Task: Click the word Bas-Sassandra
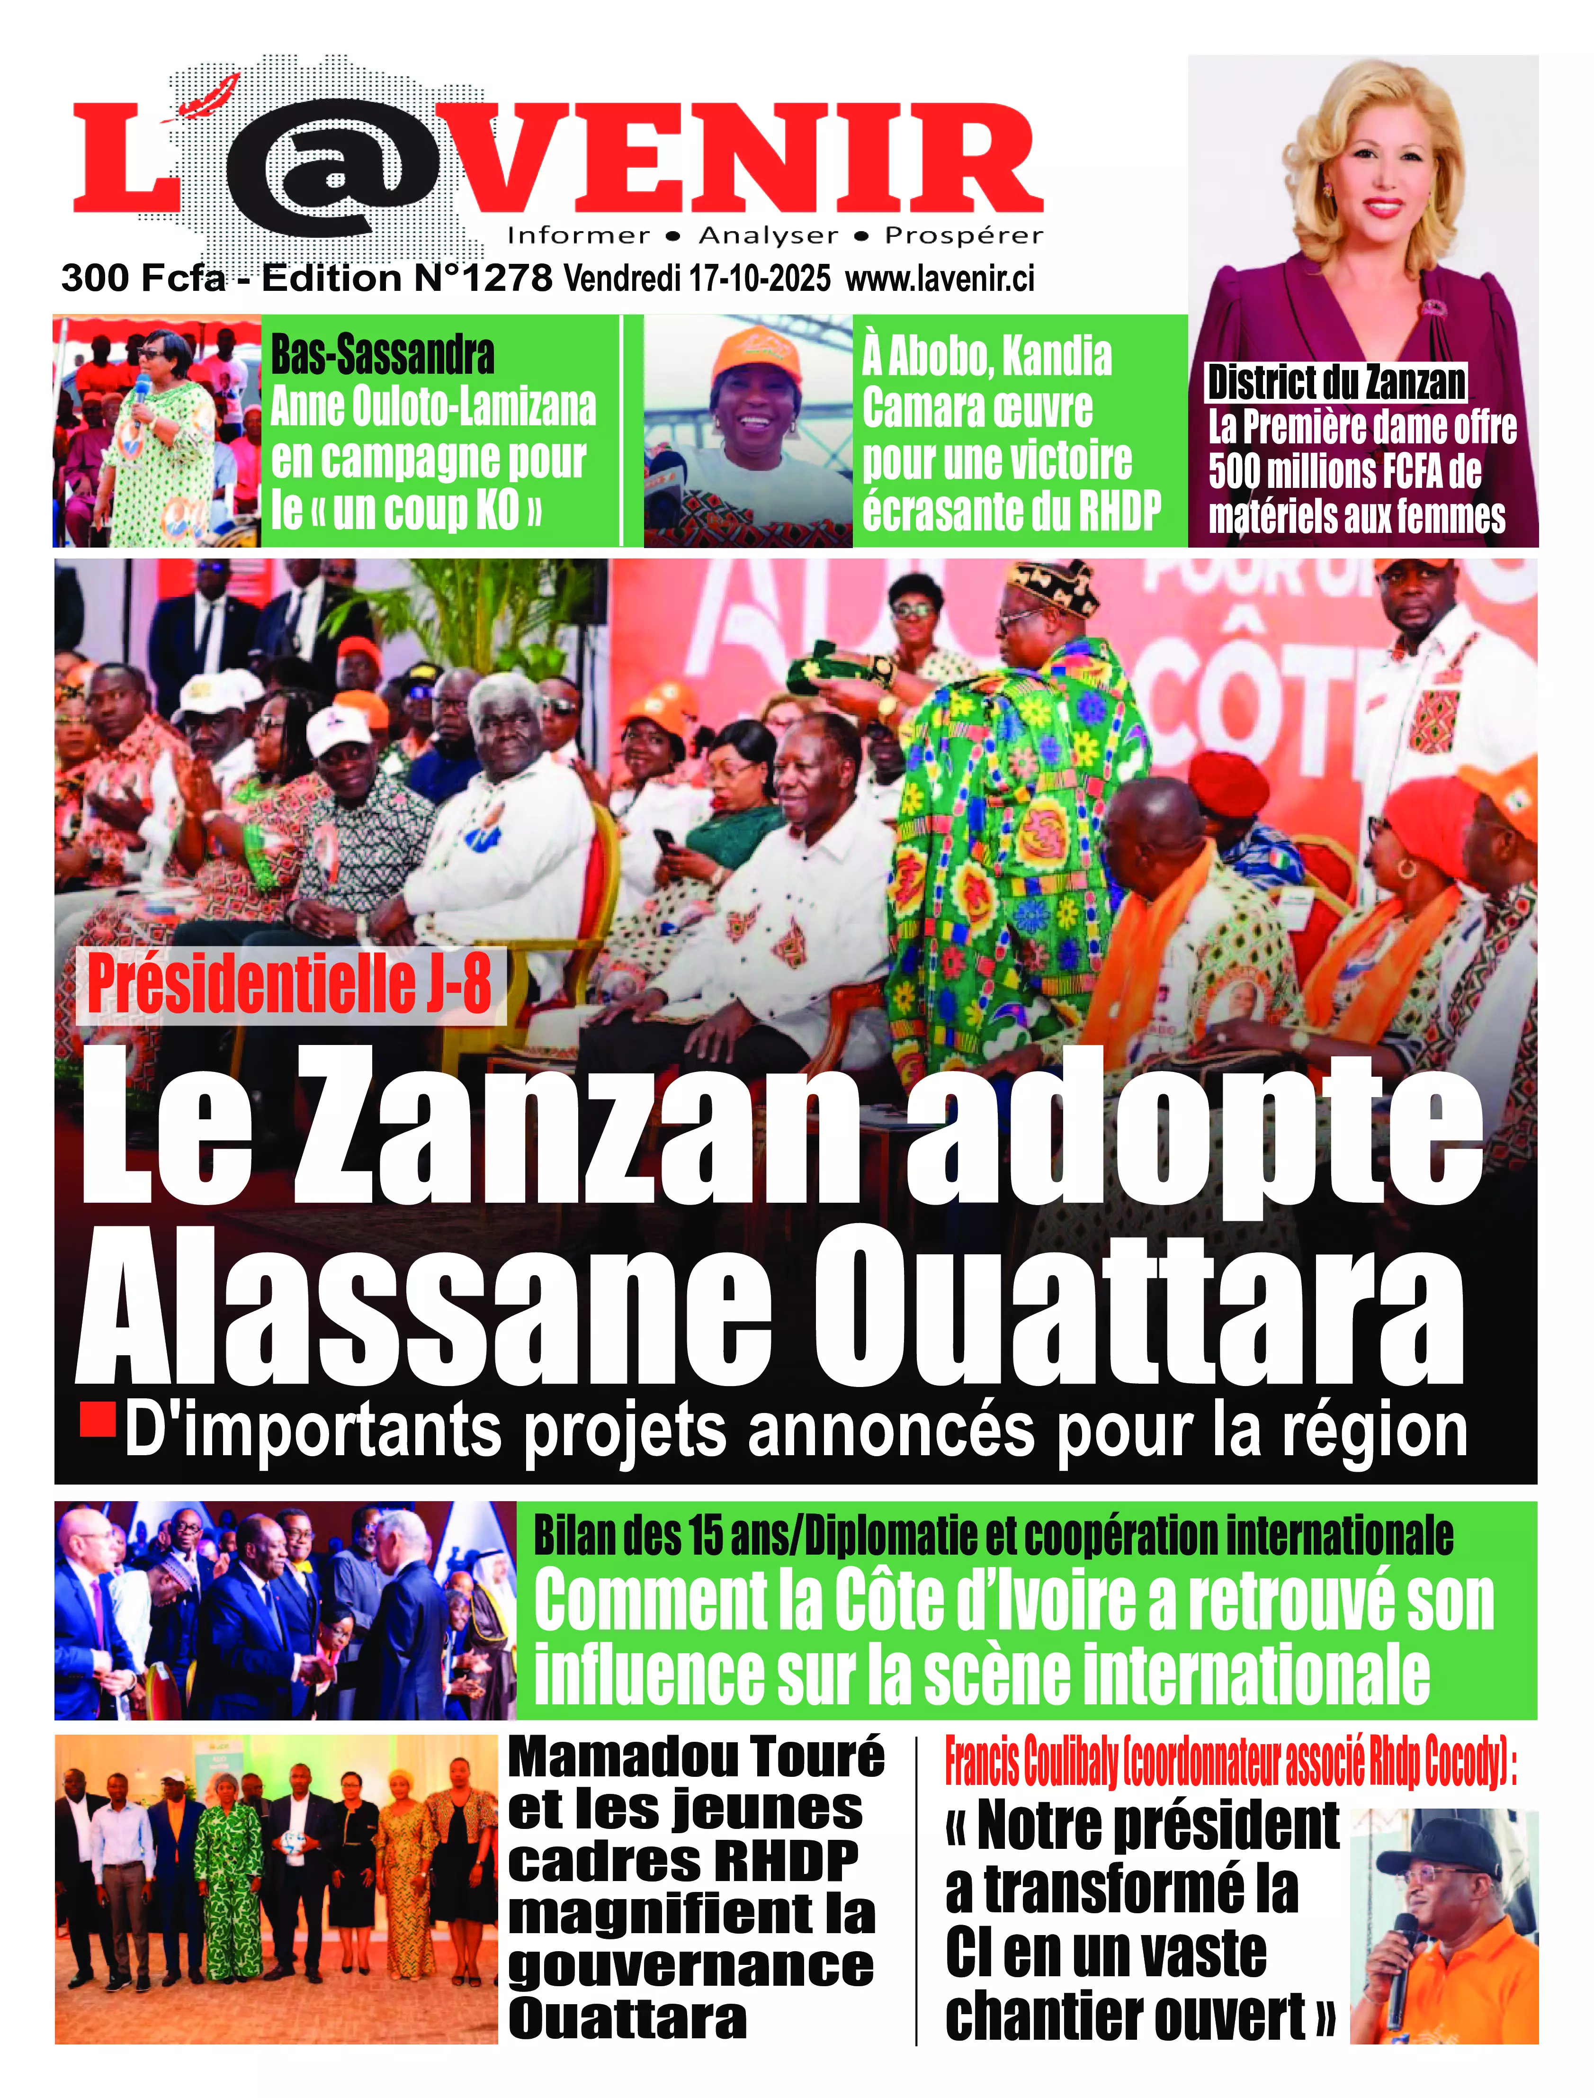pyautogui.click(x=382, y=355)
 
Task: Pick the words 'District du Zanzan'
pyautogui.click(x=1336, y=382)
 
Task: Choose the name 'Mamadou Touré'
pyautogui.click(x=696, y=1756)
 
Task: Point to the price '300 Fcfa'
pyautogui.click(x=143, y=278)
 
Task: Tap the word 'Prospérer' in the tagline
pyautogui.click(x=963, y=235)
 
